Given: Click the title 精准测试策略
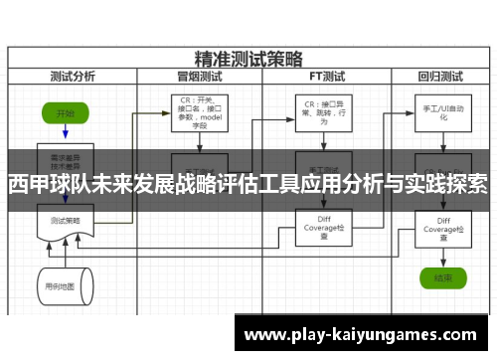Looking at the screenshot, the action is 248,57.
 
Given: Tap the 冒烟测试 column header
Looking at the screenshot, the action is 199,75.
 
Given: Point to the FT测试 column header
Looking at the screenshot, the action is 326,75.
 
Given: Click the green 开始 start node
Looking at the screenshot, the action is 66,112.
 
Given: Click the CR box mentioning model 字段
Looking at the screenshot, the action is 200,113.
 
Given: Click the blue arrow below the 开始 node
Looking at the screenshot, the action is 66,132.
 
